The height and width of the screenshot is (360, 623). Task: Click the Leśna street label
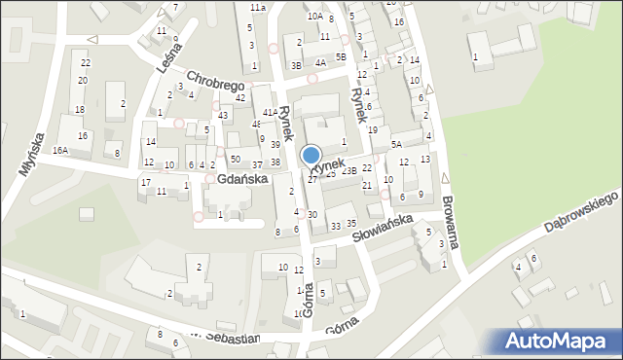[x=168, y=59]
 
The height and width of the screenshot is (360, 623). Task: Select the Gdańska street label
[x=243, y=180]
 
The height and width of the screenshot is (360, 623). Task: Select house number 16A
[x=60, y=151]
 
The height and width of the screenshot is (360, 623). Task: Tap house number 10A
[x=314, y=17]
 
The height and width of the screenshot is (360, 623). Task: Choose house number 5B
[x=341, y=57]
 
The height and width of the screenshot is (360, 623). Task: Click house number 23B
[x=348, y=172]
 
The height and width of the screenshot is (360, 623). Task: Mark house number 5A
[x=396, y=145]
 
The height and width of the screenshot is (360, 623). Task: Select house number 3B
[x=297, y=65]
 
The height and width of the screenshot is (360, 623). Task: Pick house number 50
[x=235, y=159]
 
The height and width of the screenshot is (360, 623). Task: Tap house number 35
[x=351, y=224]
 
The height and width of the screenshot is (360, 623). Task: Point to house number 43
[x=224, y=116]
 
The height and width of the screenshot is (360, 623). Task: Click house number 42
[x=239, y=98]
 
